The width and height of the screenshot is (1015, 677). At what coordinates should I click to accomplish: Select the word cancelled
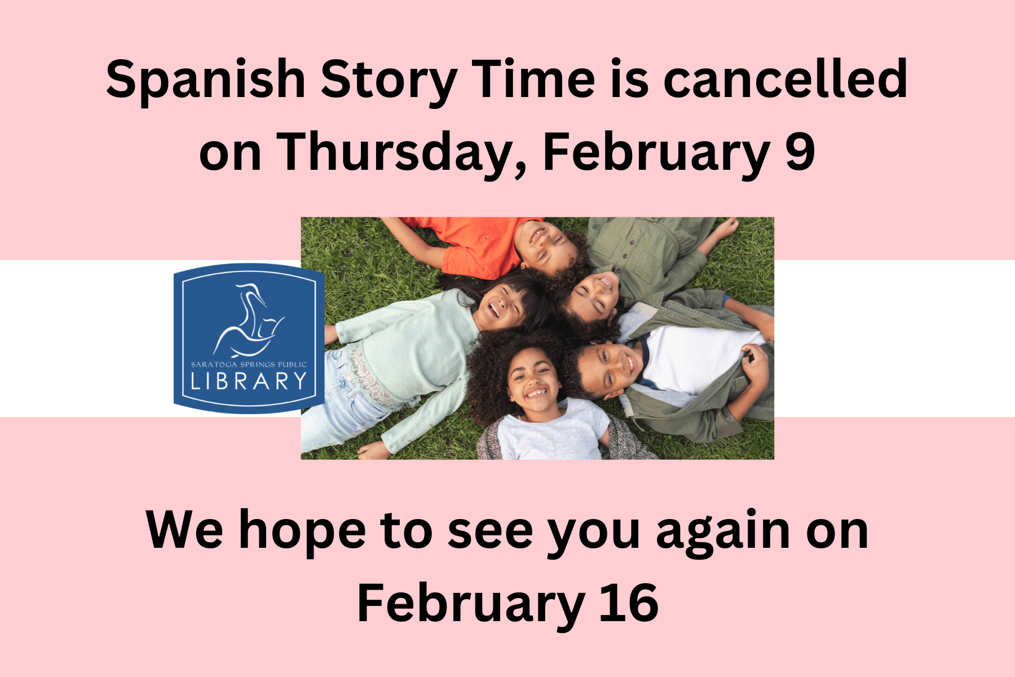tap(785, 79)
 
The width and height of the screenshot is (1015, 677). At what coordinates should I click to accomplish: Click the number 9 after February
tap(800, 151)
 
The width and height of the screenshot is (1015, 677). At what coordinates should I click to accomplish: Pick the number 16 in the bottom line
tap(628, 604)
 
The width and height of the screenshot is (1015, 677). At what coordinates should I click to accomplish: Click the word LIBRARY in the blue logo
tap(249, 381)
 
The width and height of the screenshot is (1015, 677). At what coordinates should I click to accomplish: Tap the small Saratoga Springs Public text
tap(249, 364)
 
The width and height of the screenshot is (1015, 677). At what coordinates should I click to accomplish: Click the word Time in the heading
tap(533, 79)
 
